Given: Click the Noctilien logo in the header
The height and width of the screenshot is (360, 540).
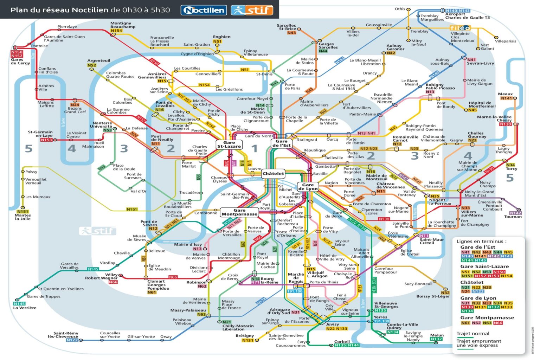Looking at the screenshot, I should coord(204,10).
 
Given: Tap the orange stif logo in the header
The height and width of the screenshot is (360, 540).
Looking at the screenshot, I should coord(252,10).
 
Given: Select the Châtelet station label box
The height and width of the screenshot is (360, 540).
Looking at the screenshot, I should coord(273,174).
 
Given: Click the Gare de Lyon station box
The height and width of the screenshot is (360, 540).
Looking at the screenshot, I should coord(308,187).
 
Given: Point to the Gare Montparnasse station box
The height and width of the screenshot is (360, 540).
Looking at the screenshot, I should coord(239,212).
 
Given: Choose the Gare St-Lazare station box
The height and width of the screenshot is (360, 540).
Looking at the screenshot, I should coord(229,144).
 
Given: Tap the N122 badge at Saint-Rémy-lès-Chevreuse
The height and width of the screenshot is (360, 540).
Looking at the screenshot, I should coord(72,340).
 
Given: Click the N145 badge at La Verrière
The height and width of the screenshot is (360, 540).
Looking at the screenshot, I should coord(19,303).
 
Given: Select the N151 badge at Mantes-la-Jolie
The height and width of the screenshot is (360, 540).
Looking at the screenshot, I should coord(22,211).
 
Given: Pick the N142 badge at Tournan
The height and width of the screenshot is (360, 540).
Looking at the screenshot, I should coord(515,213).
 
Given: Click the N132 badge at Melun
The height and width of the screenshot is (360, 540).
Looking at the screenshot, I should coord(436,339).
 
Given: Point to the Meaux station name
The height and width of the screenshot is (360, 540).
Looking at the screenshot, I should coord(505,94).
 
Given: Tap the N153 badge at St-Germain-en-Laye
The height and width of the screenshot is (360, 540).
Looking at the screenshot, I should coord(46,140).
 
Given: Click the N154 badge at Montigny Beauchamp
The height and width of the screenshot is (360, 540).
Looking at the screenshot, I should coord(116,31).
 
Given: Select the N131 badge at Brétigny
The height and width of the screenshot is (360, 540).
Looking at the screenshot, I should coord(247,340).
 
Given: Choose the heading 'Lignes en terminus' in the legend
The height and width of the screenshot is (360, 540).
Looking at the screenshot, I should coord(481,241).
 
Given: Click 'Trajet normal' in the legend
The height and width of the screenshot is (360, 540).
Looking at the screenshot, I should coord(472,333).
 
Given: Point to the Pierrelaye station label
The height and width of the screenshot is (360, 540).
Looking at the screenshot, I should coord(67,26).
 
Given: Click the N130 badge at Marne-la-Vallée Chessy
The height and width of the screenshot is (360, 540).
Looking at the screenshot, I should coord(505,124).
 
